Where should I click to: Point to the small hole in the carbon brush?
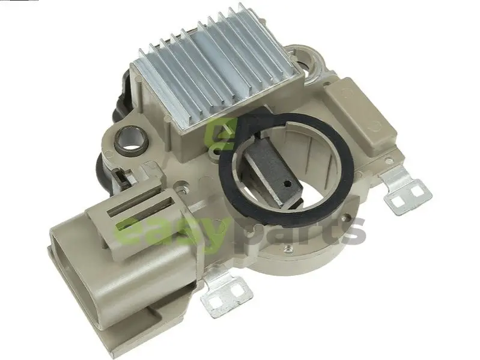coord(287,184)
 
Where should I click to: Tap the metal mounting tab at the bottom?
coord(226,290)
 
